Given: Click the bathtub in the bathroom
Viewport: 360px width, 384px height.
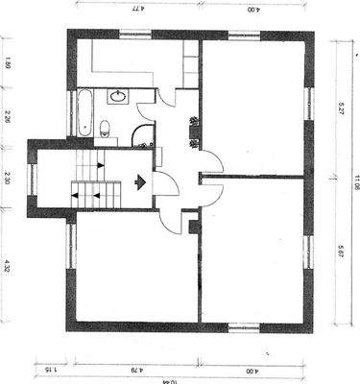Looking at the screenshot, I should [84, 113].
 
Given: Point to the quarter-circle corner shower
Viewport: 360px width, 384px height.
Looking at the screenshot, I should [144, 136].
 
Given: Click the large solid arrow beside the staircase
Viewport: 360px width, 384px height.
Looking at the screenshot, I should [142, 180].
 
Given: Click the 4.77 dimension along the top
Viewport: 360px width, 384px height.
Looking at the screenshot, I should [137, 8].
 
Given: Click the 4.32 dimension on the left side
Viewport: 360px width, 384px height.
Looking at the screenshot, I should [8, 266].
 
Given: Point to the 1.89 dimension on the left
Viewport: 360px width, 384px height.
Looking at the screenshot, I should [8, 66].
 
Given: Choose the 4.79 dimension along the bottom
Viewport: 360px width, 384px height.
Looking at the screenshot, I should [137, 369].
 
